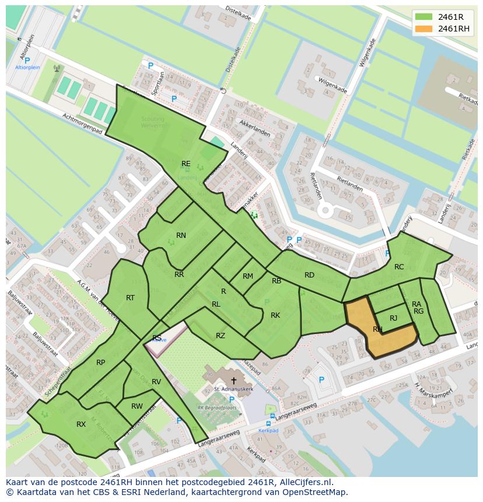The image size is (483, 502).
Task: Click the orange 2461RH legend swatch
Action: [425, 29]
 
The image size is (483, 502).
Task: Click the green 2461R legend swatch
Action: [425, 16]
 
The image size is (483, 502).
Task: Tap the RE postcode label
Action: [186, 164]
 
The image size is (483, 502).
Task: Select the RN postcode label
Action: [181, 236]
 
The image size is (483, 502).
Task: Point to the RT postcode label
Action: [130, 298]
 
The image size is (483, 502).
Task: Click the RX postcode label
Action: [81, 424]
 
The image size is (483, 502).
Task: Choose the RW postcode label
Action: [137, 406]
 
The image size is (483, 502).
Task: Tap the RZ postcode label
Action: [220, 335]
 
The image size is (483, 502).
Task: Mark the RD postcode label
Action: [310, 275]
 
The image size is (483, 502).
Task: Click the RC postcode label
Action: [399, 267]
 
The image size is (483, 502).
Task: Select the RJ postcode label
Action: [394, 318]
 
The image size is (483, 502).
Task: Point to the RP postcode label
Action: [101, 363]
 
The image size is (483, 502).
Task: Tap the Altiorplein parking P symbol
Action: [27, 60]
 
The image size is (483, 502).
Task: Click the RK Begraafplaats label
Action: [217, 408]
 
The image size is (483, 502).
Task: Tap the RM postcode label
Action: [248, 276]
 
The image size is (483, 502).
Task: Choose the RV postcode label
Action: [156, 382]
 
